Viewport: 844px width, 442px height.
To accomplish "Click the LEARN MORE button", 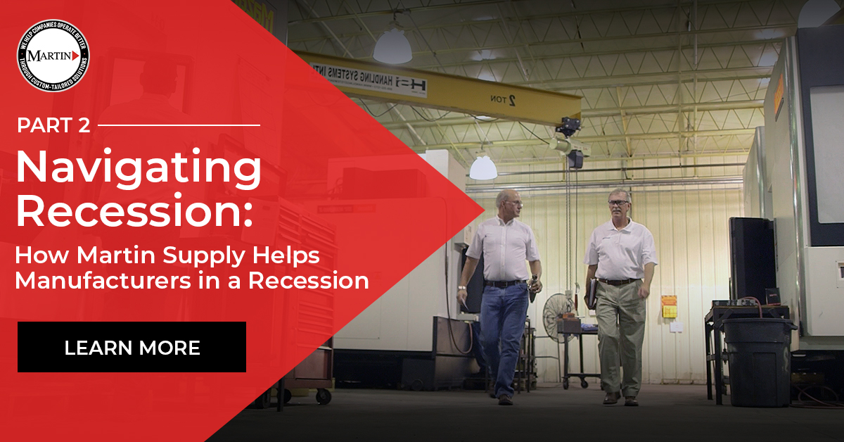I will [132, 347].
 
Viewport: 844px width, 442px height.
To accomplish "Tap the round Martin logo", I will [53, 56].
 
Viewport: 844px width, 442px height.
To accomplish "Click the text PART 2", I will [53, 126].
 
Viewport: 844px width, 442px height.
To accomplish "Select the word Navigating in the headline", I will [139, 169].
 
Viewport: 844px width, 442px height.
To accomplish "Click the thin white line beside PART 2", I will [179, 126].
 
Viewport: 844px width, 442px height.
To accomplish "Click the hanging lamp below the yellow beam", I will [483, 167].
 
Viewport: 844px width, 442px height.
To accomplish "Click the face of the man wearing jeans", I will [511, 204].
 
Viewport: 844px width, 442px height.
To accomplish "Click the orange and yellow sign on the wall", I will [669, 305].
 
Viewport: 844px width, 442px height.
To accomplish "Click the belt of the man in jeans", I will [504, 283].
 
